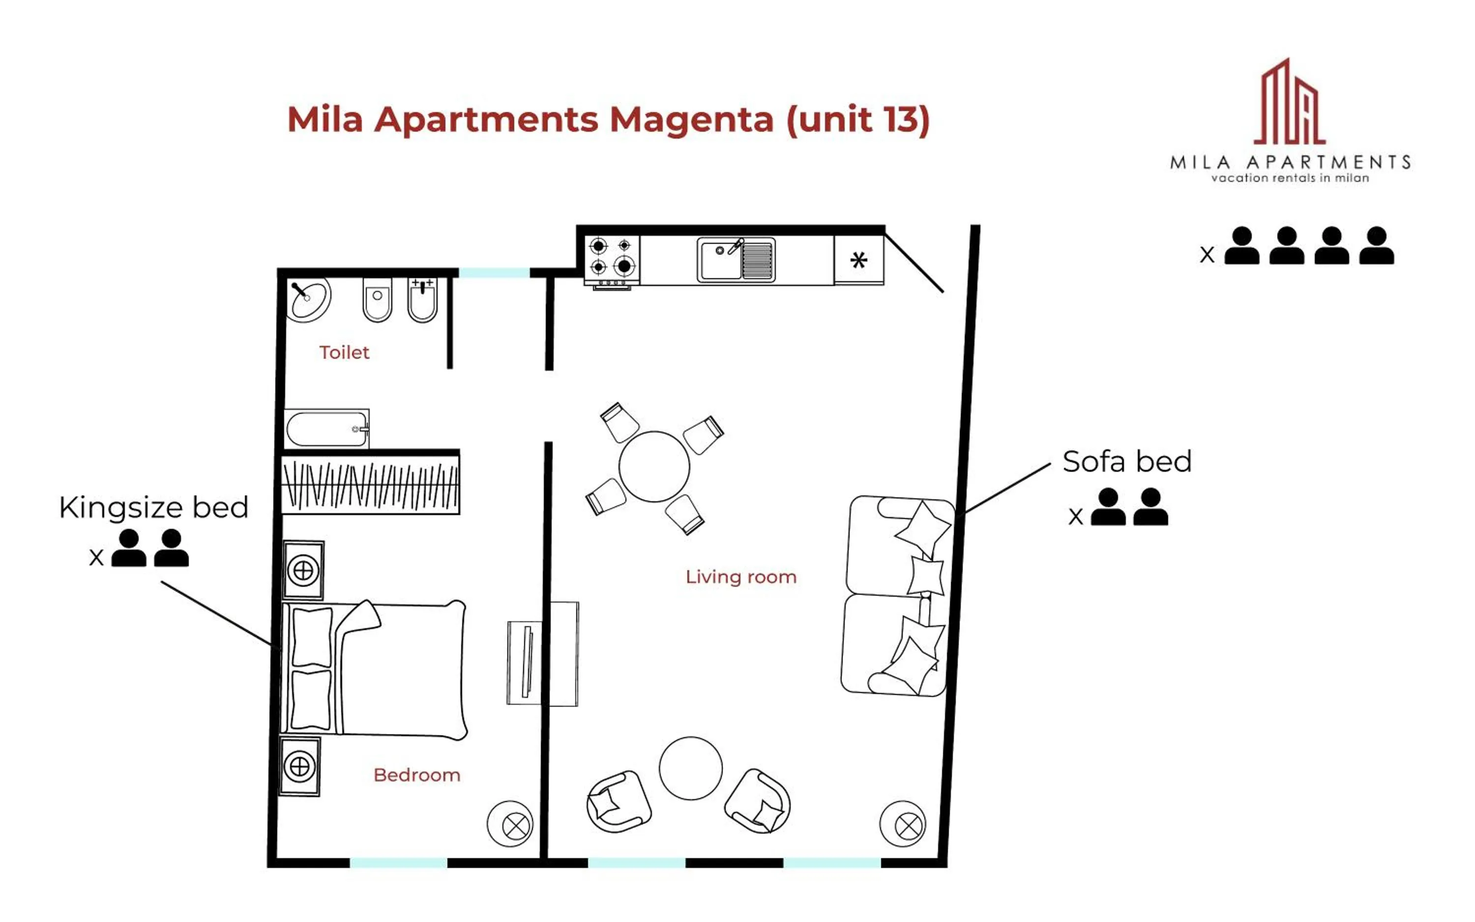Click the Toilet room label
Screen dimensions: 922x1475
coord(344,352)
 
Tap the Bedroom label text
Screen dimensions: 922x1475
coord(416,775)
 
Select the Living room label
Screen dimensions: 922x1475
coord(740,577)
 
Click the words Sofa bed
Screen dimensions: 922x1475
coord(1126,461)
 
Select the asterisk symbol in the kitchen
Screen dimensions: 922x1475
coord(858,260)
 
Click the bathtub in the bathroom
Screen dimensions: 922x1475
coord(326,429)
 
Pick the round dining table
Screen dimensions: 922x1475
coord(654,466)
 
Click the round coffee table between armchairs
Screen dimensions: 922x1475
coord(690,768)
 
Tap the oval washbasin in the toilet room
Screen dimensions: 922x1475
coord(309,299)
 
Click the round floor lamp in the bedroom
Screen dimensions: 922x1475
coord(510,823)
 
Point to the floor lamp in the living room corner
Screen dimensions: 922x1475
coord(902,823)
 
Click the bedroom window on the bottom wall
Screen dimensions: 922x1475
coord(398,862)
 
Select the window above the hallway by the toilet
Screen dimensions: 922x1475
coord(494,273)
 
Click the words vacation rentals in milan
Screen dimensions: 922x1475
coord(1290,178)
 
